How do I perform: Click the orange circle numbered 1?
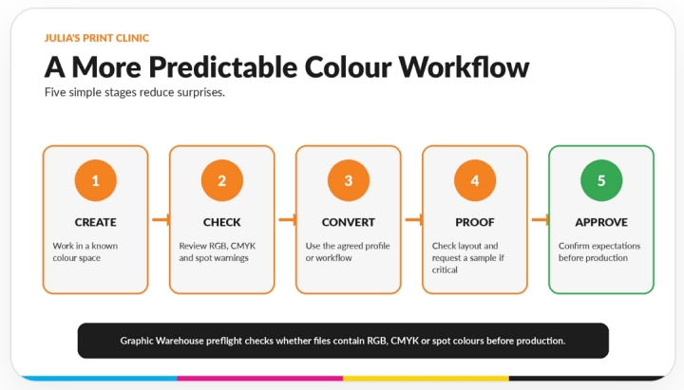96,180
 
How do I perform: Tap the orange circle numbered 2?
222,180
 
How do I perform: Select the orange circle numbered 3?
349,180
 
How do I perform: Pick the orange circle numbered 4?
475,180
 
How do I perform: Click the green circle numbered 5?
601,180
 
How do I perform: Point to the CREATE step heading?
96,222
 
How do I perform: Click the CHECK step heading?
222,222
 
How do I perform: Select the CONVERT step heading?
349,222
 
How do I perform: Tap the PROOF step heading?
475,222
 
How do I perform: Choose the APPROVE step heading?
601,222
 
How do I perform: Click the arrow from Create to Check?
161,219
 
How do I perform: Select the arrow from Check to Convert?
287,219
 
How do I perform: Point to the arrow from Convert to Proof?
413,219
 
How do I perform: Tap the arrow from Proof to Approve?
540,219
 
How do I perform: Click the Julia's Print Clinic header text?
96,38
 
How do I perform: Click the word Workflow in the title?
464,67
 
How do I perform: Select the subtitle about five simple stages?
135,92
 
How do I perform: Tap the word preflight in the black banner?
224,341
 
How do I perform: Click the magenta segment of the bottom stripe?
260,379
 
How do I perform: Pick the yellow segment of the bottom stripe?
427,379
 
